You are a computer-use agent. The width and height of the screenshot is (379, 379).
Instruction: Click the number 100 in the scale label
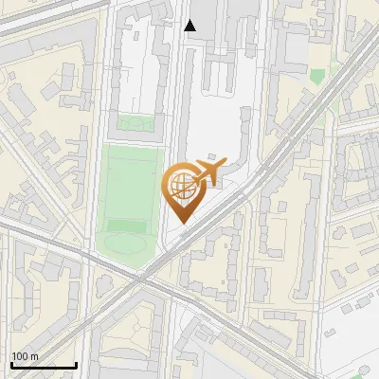[x=20, y=356]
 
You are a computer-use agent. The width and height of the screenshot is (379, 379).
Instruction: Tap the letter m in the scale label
[x=34, y=356]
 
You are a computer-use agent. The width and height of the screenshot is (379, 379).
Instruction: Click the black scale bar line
[x=43, y=365]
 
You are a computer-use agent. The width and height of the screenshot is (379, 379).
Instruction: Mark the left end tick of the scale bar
[x=10, y=364]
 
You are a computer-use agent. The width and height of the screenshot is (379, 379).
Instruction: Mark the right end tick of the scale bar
[x=76, y=364]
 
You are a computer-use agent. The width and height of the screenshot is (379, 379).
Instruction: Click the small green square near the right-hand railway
[x=316, y=74]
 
